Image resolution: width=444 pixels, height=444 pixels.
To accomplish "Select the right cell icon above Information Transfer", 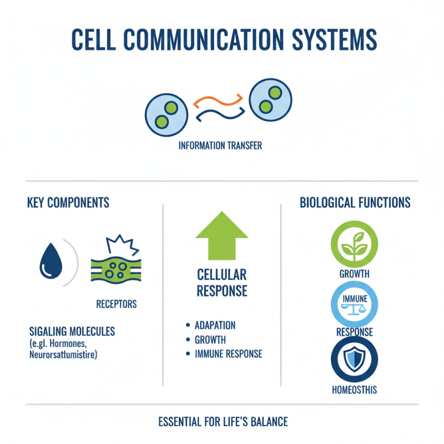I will coord(270,98).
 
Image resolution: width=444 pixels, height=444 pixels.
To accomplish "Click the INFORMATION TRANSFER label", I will coord(220,146).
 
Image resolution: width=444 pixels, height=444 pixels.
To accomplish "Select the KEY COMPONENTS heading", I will coord(68,203).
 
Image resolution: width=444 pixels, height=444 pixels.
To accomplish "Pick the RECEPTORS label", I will coord(116,304).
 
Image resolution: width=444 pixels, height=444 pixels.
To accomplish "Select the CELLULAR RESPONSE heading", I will coord(222,282).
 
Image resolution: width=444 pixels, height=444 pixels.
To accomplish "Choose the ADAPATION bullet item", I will coord(215,325).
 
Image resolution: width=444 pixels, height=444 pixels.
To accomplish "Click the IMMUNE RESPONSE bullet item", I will coord(228,354).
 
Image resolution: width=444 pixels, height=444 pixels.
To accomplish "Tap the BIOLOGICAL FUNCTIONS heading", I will coord(355,203).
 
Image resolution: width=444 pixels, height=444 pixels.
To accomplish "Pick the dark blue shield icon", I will coord(354,360).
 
